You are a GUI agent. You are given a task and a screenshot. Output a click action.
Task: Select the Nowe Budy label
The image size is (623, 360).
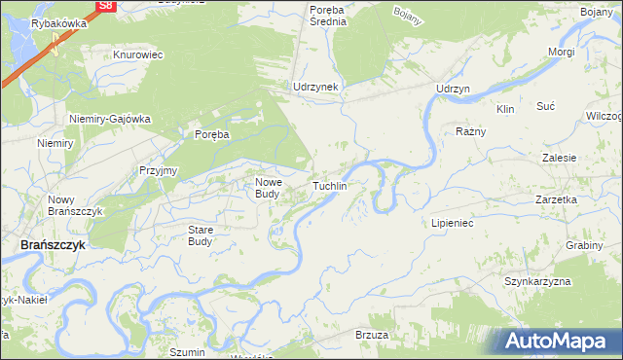pos(268,188)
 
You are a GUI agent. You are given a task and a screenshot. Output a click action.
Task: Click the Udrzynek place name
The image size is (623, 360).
pos(316,87)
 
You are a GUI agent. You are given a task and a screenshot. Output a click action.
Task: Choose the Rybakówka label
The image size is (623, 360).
pos(59,23)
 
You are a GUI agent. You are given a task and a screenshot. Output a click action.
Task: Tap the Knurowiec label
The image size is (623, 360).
pos(137,55)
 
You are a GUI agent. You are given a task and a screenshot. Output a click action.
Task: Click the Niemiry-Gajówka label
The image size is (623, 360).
pos(110,119)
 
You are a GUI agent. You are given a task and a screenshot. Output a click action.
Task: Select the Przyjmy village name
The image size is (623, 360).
pos(158,169)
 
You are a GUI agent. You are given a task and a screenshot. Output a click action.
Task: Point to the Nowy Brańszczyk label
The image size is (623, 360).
pos(74,205)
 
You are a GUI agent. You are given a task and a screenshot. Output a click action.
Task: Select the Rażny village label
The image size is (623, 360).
pos(470,130)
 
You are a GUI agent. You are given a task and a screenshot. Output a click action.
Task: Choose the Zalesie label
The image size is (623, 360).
pos(561,157)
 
